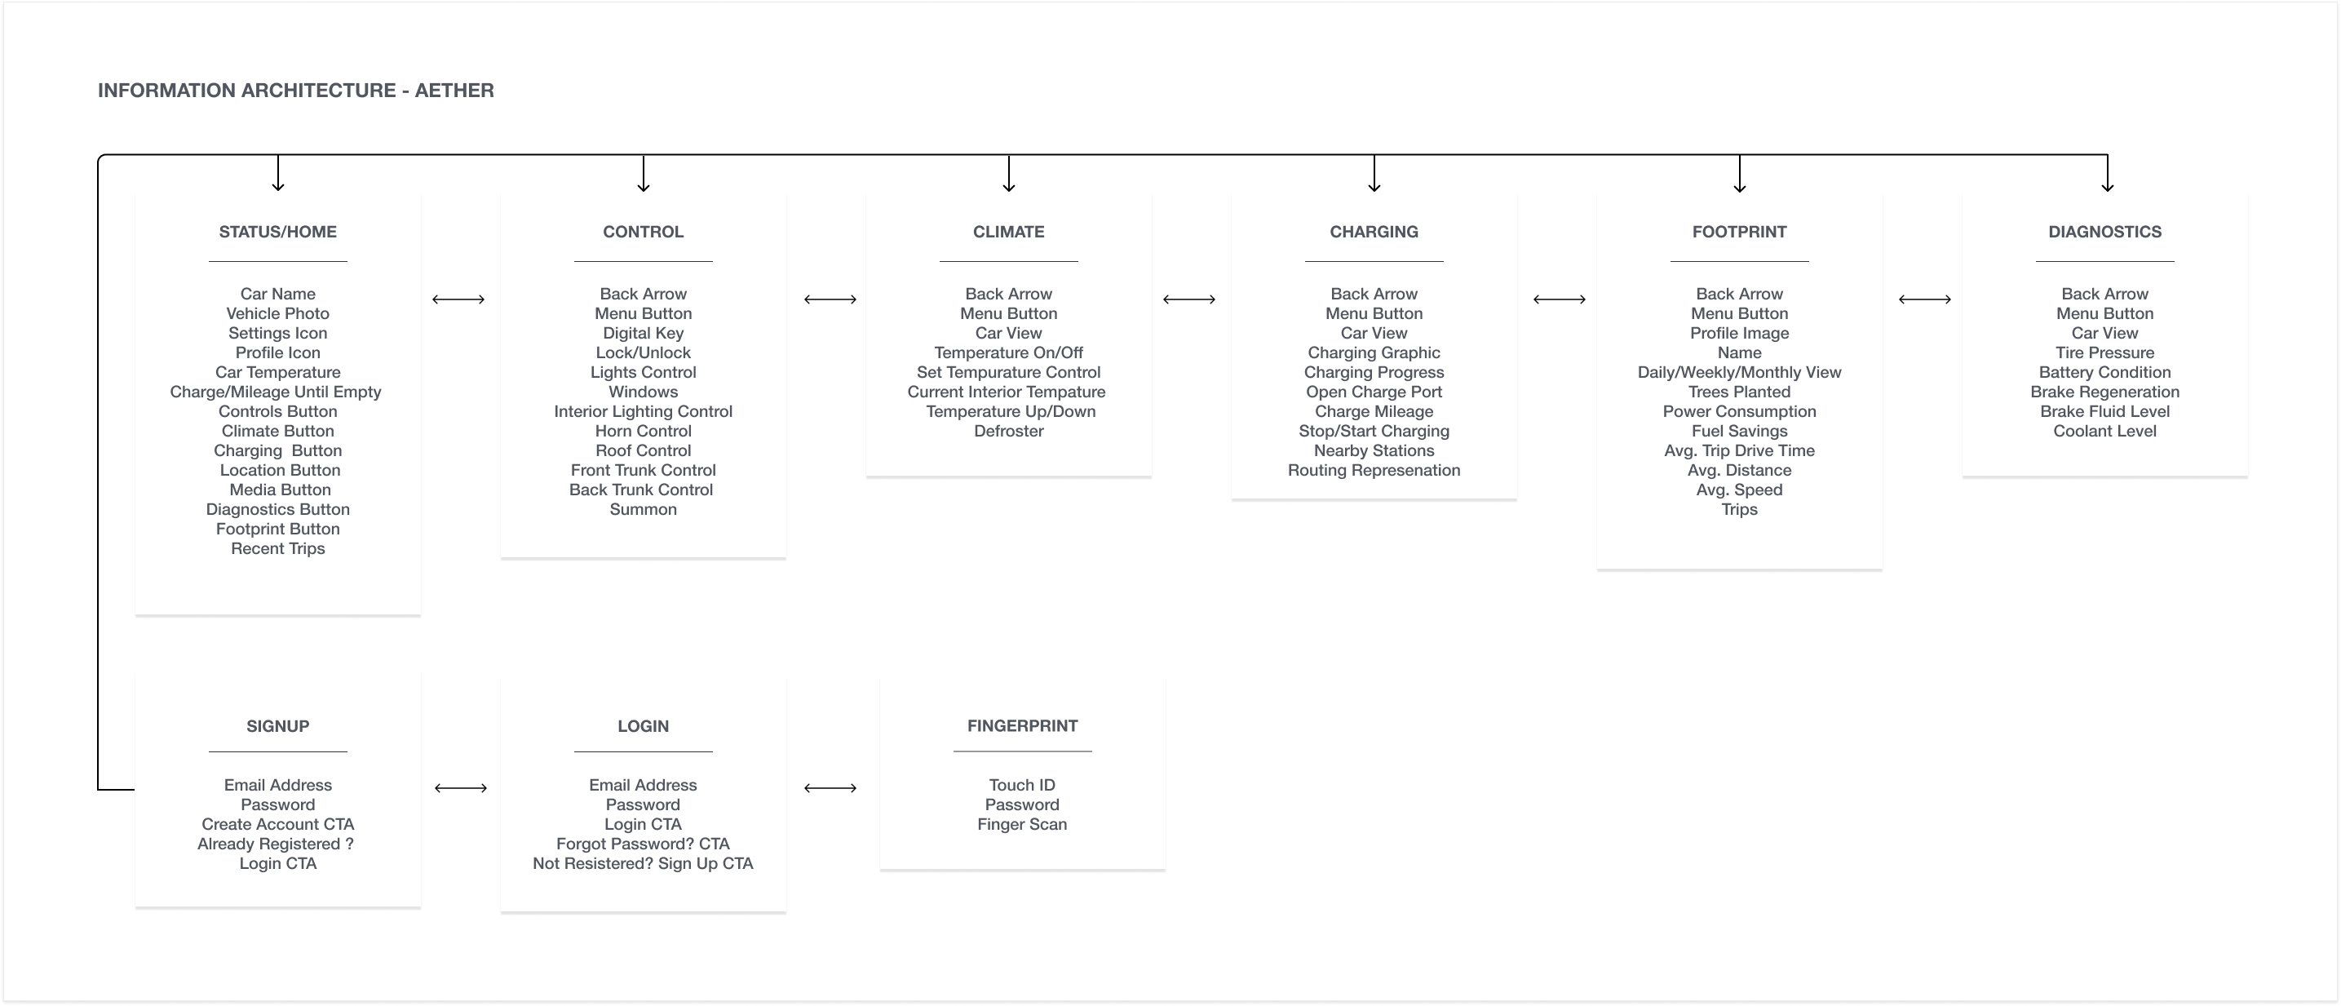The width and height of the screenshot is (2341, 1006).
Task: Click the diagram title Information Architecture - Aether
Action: pos(295,91)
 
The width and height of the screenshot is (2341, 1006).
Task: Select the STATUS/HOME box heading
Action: pos(278,232)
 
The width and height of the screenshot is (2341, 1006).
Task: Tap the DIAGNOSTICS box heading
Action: pos(2104,232)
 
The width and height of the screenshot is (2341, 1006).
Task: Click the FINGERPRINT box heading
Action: pos(1022,726)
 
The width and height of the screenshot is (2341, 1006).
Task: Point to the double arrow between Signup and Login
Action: pos(461,788)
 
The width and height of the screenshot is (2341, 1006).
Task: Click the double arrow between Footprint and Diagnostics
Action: pos(1925,299)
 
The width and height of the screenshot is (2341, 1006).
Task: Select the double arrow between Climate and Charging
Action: pos(1188,299)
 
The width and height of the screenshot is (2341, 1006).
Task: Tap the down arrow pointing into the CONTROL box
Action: pos(644,174)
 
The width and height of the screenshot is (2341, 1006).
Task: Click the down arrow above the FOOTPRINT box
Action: pos(1739,174)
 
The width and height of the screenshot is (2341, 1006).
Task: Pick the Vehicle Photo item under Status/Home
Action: pos(278,313)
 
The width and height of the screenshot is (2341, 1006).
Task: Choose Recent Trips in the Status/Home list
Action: pos(278,549)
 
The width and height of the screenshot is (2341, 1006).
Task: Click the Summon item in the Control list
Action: pos(644,510)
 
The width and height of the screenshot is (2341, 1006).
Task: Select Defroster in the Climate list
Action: pos(1009,432)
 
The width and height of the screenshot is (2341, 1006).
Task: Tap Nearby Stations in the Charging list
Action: pos(1374,450)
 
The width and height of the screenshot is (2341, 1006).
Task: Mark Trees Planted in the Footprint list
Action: pos(1739,392)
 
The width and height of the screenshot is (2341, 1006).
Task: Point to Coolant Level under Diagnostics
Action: pos(2104,432)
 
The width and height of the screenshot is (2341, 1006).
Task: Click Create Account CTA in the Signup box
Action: pos(278,824)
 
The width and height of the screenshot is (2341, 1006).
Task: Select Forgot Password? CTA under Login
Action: pos(644,844)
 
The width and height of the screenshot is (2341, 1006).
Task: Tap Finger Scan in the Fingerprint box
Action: pos(1022,824)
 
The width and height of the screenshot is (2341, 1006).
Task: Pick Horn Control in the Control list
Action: pos(644,432)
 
